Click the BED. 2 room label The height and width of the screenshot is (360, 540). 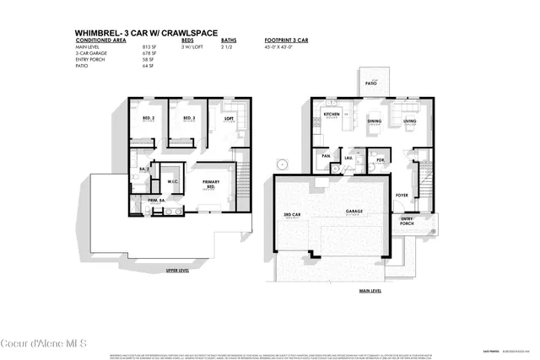[x=148, y=119]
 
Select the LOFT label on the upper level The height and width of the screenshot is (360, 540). [x=228, y=119]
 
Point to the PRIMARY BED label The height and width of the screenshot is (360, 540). [x=211, y=184]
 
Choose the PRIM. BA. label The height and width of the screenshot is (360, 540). [x=156, y=200]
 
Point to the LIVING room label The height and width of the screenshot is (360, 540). [x=409, y=121]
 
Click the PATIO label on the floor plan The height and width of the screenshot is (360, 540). [x=370, y=84]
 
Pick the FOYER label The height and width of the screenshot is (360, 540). [x=402, y=195]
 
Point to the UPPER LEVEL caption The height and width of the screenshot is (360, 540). [x=177, y=271]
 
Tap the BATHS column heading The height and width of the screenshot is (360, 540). [x=229, y=40]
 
